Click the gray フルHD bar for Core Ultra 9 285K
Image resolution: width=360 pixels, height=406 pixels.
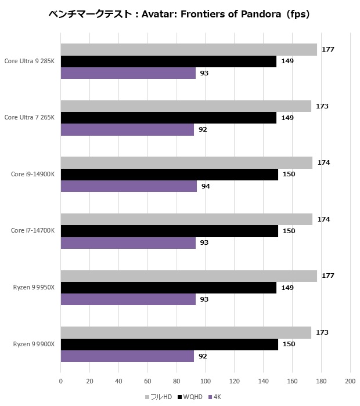[189, 49]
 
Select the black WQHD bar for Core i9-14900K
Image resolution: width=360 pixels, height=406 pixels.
[170, 175]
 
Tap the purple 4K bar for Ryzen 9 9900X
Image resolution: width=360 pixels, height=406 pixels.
[127, 356]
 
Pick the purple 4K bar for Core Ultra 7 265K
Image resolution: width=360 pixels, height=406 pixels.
[127, 129]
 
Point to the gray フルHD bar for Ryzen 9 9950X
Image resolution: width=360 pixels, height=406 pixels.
[189, 276]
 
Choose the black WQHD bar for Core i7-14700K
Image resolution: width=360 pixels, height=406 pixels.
[170, 231]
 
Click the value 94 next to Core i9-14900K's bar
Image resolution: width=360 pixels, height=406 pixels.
[206, 186]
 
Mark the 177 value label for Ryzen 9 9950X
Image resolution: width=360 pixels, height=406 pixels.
[328, 275]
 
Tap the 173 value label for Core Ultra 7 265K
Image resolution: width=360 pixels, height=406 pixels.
[322, 106]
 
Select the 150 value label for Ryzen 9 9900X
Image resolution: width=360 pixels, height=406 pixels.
[289, 344]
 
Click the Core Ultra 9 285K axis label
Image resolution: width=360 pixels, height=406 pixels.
[29, 61]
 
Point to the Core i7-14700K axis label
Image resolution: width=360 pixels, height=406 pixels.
[33, 230]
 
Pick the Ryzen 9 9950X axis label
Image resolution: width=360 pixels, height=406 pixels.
[34, 288]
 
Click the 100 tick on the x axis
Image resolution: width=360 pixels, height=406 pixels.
[206, 381]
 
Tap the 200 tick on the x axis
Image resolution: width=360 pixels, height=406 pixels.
[350, 381]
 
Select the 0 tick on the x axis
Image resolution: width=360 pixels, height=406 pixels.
[60, 381]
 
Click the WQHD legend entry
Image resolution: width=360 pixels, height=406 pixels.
[190, 397]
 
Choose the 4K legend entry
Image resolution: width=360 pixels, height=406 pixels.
[215, 397]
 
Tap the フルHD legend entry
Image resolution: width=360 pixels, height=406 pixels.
[159, 397]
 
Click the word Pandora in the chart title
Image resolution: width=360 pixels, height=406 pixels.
[261, 14]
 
